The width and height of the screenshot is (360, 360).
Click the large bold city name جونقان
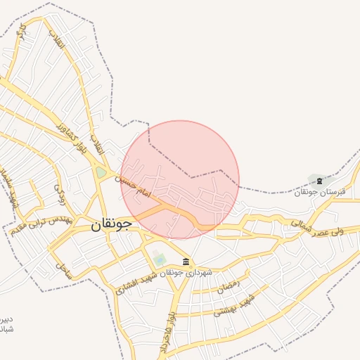112,224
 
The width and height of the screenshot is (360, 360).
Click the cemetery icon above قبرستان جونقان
320,181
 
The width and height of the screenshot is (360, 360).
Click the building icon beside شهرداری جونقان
186,262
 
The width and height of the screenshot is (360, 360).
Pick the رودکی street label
60,192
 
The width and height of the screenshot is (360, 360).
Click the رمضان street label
229,285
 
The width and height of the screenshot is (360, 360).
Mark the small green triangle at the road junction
101,172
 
